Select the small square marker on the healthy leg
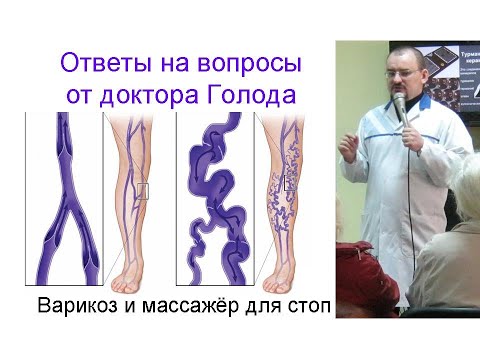tap(142, 191)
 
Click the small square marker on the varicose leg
tap(289, 183)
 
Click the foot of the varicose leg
tap(291, 275)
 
